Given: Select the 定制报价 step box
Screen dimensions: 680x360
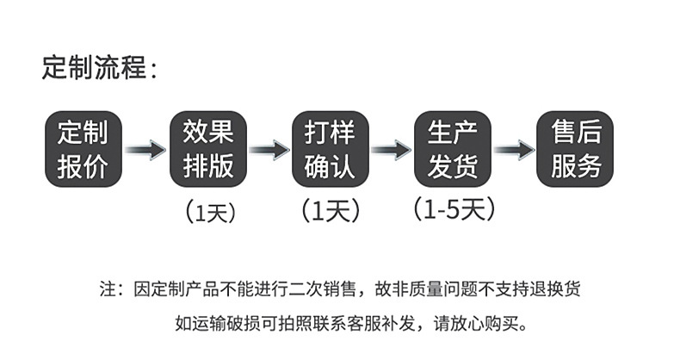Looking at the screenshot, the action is [83, 149].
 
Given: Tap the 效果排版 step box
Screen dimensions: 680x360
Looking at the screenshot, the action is [208, 149].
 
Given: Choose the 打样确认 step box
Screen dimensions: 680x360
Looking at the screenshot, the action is [331, 149].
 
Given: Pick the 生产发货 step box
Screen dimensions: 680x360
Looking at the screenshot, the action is [453, 149].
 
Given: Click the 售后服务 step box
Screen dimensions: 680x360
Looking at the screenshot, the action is [576, 149].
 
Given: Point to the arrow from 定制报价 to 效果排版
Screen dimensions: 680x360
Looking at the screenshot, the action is [145, 150].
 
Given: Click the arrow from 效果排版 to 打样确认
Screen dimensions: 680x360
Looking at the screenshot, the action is [269, 150].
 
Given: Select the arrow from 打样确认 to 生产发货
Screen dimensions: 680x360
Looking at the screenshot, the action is [392, 150].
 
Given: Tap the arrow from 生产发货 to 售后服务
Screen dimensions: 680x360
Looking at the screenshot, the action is [514, 150].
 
